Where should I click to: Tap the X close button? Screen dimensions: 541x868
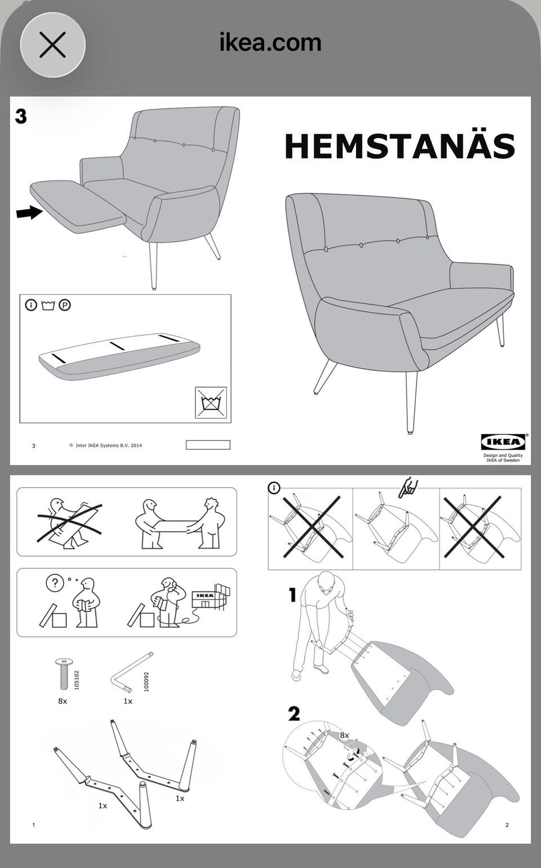[52, 45]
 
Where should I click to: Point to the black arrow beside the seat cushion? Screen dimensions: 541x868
[29, 213]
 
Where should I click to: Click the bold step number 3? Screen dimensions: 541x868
[21, 116]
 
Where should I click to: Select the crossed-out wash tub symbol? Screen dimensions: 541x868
[211, 402]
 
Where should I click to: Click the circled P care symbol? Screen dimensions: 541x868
[65, 305]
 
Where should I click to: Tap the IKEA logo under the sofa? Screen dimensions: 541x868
[503, 442]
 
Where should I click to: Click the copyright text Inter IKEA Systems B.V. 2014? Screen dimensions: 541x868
[106, 445]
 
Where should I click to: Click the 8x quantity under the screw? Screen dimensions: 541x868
[63, 701]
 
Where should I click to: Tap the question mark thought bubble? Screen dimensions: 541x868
[55, 583]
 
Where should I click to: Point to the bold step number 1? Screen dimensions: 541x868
[293, 595]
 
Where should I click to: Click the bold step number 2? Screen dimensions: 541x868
[294, 713]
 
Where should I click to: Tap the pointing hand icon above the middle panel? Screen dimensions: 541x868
[408, 488]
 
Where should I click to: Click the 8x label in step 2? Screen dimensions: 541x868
[344, 735]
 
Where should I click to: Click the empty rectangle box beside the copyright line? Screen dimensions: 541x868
[208, 445]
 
